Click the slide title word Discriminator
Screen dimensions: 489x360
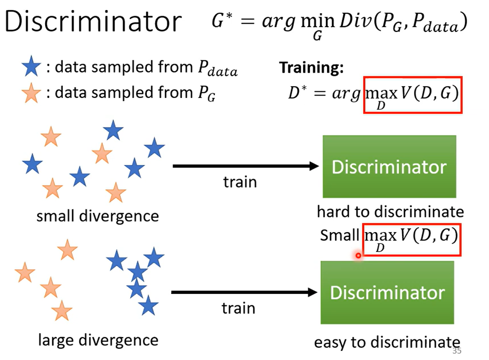(94, 21)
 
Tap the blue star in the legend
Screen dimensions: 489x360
(32, 68)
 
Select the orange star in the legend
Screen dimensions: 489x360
(32, 93)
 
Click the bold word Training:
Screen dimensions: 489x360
(311, 68)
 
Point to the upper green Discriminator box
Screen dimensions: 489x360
(389, 166)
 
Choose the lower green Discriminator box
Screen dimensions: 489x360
(387, 292)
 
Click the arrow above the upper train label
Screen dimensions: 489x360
(245, 166)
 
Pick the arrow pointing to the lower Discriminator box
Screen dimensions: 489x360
(243, 292)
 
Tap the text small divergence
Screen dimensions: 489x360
(97, 216)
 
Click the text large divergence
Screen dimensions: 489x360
(98, 340)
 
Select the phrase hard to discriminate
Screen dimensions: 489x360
(390, 211)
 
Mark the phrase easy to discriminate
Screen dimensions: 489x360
(387, 342)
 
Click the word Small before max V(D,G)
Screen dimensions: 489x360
(339, 235)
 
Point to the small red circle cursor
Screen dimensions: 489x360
(358, 255)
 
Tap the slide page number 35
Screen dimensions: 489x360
(457, 351)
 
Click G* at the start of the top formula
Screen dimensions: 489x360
(221, 21)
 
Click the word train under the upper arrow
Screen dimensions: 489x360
(240, 182)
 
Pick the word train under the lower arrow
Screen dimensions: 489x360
(239, 308)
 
